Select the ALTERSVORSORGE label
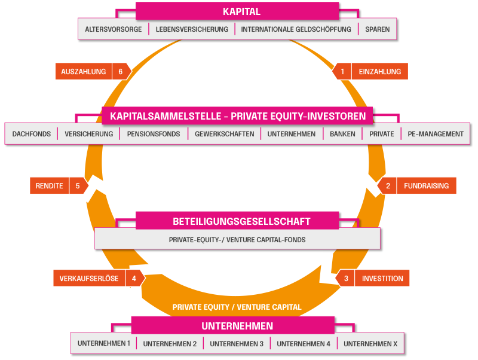click(114, 29)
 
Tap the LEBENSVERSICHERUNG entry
click(192, 29)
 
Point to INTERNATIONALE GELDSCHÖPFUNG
click(296, 29)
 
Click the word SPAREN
click(377, 29)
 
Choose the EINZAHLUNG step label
click(380, 72)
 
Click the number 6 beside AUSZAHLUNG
click(121, 72)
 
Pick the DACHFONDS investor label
click(31, 134)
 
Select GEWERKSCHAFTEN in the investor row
click(224, 134)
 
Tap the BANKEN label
click(342, 134)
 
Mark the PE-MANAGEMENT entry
click(436, 134)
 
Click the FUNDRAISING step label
click(426, 186)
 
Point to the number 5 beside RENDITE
click(78, 186)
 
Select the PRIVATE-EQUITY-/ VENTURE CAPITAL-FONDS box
click(237, 240)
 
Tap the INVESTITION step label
click(382, 279)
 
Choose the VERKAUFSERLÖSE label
click(89, 279)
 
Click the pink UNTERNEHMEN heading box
click(237, 326)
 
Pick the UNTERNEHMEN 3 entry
click(237, 344)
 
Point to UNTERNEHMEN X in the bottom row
click(370, 344)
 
